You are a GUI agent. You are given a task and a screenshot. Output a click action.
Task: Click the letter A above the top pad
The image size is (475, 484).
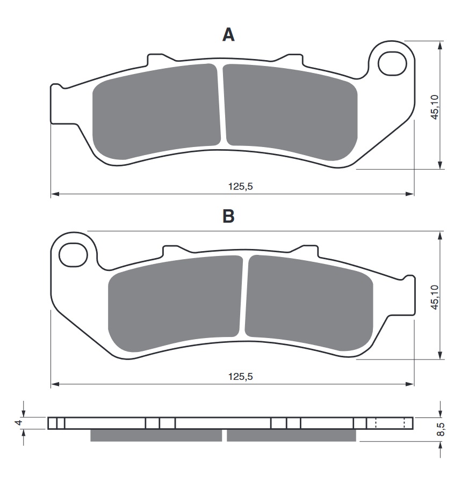pos(228,35)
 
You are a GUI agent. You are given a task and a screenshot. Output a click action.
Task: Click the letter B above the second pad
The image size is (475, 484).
pos(228,216)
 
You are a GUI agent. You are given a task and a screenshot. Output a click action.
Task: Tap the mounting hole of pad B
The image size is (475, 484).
pos(74,255)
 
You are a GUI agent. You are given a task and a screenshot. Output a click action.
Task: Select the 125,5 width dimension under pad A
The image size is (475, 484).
pos(240,186)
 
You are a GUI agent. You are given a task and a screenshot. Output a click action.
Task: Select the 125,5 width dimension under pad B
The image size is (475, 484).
pos(240,377)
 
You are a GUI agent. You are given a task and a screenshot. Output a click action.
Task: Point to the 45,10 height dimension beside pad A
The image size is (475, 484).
pos(435,107)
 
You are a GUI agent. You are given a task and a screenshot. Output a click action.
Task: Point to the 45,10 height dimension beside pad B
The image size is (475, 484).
pos(435,297)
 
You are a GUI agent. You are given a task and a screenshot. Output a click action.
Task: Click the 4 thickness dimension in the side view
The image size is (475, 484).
pos(19,422)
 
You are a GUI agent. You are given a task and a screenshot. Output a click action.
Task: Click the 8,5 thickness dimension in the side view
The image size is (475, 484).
pos(441,429)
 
